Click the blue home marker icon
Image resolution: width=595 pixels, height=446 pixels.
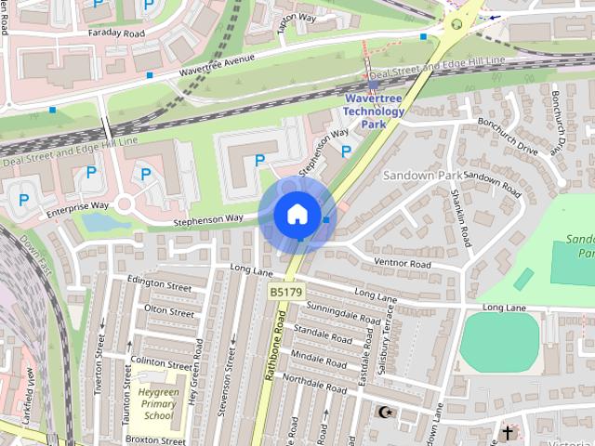click(x=297, y=214)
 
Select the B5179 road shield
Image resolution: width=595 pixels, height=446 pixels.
click(x=285, y=292)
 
